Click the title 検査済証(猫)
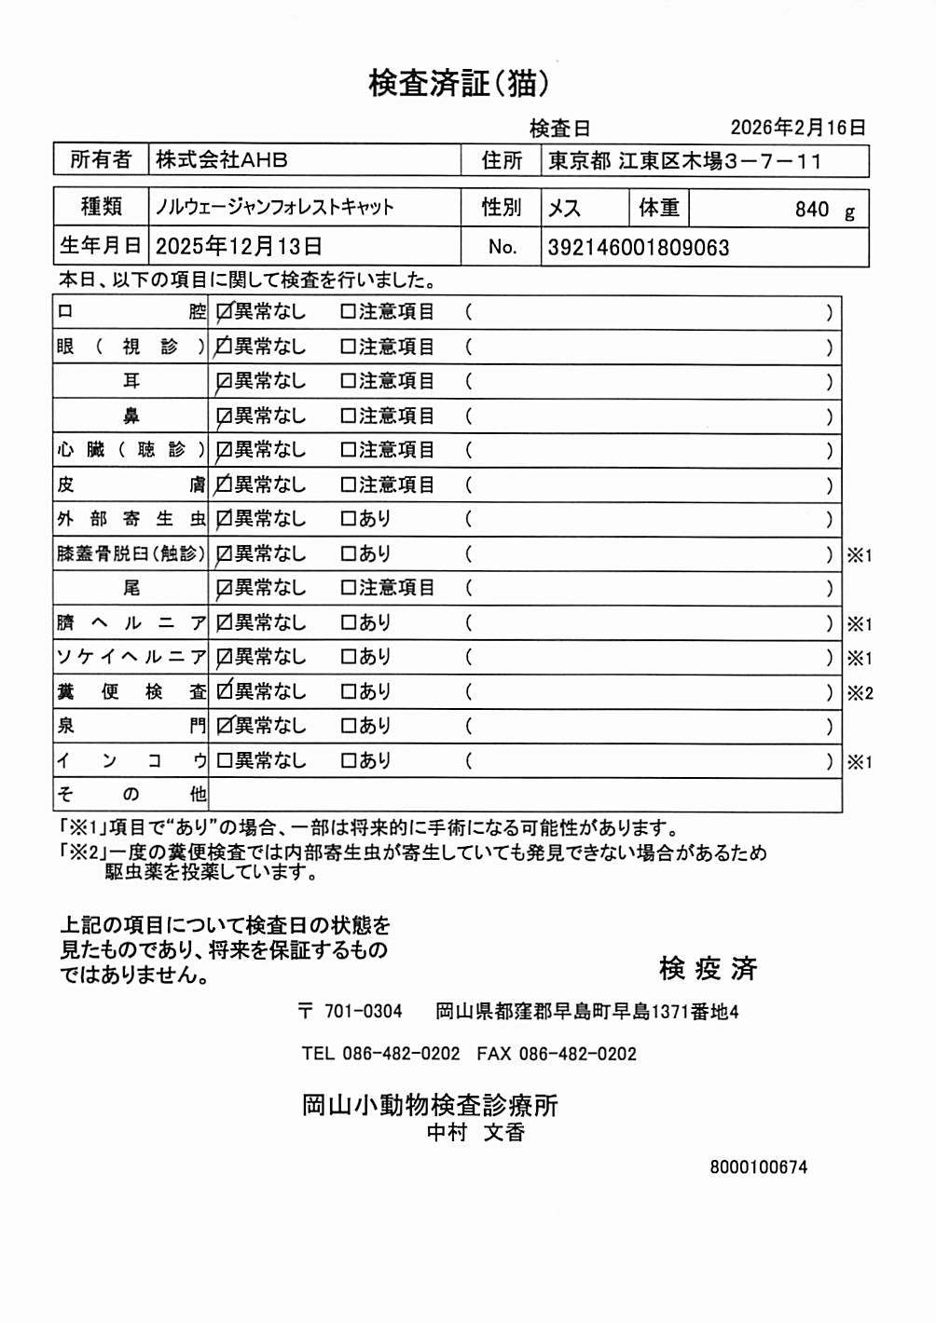[x=459, y=83]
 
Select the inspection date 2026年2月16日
[x=798, y=128]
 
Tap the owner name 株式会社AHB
[x=222, y=160]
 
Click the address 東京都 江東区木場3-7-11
[x=685, y=161]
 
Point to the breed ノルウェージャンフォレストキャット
[x=275, y=207]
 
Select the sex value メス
[x=564, y=208]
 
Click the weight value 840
[x=811, y=210]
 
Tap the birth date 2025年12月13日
[x=239, y=247]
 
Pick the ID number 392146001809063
[x=639, y=248]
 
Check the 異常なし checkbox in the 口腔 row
[x=224, y=312]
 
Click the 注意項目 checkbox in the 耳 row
[x=348, y=381]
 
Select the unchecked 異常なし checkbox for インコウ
[x=224, y=761]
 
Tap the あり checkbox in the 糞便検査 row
[x=348, y=692]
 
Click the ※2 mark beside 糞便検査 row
[x=860, y=693]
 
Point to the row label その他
[x=131, y=795]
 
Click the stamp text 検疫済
[x=708, y=969]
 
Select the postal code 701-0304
[x=363, y=1012]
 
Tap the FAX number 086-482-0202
[x=577, y=1054]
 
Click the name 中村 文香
[x=475, y=1133]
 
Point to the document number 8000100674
[x=758, y=1167]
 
